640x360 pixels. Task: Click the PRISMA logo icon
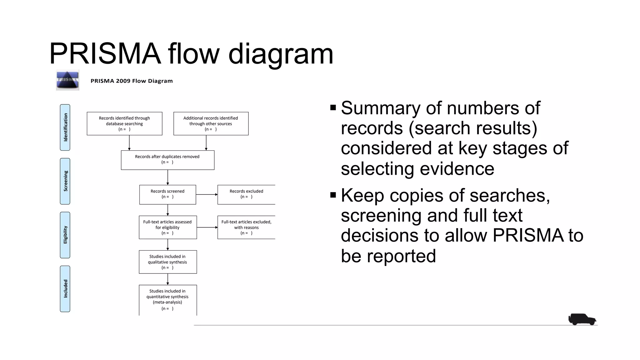point(67,80)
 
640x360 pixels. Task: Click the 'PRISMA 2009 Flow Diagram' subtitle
point(132,81)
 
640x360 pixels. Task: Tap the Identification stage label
point(65,127)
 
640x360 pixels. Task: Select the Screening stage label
point(65,181)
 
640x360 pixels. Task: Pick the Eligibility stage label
point(65,235)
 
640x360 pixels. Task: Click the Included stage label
point(65,289)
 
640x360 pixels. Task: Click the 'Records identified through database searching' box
point(124,123)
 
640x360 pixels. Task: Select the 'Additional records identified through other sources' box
point(211,123)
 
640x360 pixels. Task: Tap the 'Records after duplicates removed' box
point(167,160)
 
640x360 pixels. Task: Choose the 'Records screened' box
point(167,194)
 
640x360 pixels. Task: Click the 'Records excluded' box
point(246,194)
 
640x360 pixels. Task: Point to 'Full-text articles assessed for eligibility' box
point(168,227)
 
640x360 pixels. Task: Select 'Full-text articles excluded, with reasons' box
point(246,227)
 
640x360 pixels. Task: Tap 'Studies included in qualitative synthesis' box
point(168,262)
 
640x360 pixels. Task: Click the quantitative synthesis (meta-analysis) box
point(168,299)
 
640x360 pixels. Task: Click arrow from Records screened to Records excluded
point(207,194)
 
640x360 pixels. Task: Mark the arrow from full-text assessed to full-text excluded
point(207,227)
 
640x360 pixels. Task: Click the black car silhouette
point(582,319)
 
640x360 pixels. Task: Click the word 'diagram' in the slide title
point(281,54)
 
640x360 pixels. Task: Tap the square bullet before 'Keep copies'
point(333,195)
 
